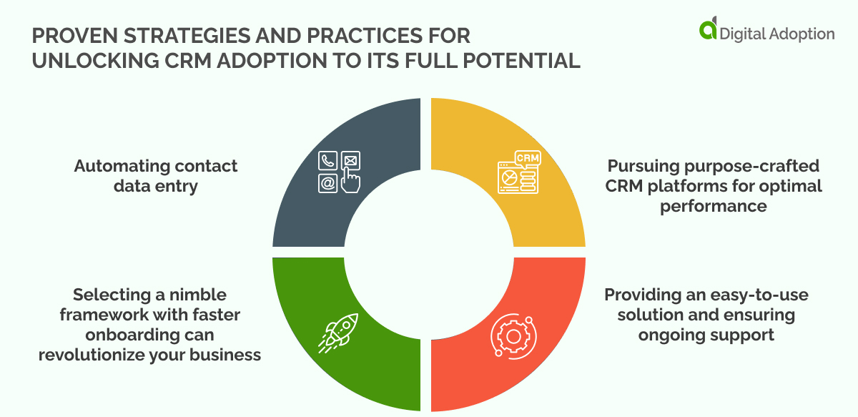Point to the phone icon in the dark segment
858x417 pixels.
coord(327,161)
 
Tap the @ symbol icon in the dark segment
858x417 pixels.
coord(327,184)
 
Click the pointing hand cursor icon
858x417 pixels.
coord(350,180)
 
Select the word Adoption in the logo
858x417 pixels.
coord(799,33)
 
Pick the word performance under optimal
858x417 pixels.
coord(714,206)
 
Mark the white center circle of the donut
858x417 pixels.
coord(428,253)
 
